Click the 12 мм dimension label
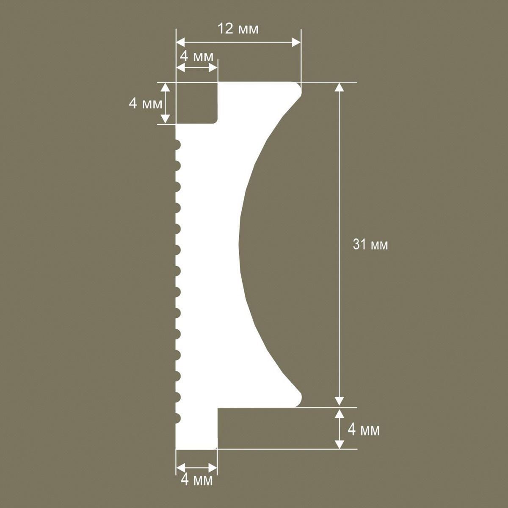[238, 29]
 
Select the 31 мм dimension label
[370, 245]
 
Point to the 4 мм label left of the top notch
[146, 103]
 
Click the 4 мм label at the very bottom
[197, 480]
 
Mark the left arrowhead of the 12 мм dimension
[181, 42]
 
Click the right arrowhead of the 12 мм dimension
[296, 42]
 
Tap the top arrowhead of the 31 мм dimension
[339, 87]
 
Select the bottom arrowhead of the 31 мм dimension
[339, 403]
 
